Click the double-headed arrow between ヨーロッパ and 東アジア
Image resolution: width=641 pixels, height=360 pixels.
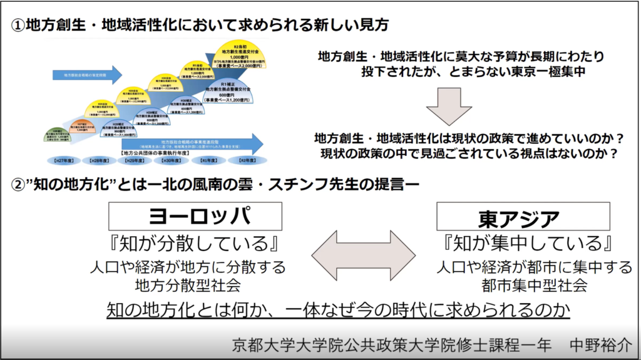tap(364, 255)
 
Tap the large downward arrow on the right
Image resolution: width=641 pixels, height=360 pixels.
tap(453, 106)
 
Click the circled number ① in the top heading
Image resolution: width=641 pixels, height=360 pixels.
tap(18, 25)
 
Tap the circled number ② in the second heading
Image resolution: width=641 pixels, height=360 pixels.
tap(18, 185)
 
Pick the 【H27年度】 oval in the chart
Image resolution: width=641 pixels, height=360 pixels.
tap(64, 161)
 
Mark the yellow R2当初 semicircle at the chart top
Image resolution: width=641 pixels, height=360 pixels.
tap(237, 56)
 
